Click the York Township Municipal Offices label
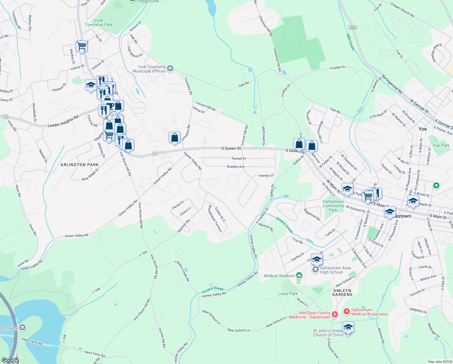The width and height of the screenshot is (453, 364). [x=150, y=69]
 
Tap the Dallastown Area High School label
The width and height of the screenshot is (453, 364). [x=335, y=270]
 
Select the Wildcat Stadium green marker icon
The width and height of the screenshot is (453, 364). [x=299, y=275]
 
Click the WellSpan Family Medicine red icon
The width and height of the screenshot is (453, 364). [x=335, y=314]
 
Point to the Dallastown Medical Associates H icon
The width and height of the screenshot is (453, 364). [x=346, y=312]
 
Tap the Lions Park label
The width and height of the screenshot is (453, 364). [x=288, y=294]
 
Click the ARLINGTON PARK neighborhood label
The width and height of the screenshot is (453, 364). [x=80, y=165]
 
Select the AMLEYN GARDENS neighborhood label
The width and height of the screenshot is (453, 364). [x=342, y=292]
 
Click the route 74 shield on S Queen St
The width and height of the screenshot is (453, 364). [x=154, y=154]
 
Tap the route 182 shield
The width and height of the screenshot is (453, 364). [x=5, y=116]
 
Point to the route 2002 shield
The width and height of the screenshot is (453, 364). [x=352, y=28]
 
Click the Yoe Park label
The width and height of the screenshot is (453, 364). [x=441, y=145]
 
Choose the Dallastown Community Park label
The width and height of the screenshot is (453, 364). [x=333, y=206]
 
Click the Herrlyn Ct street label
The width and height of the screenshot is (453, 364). [x=266, y=176]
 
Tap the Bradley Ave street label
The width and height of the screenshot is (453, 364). [x=236, y=167]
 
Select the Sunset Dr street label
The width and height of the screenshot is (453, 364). [x=239, y=158]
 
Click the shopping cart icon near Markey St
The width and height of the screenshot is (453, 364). [x=81, y=46]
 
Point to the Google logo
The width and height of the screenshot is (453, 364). [x=10, y=360]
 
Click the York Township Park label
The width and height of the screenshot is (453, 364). [x=99, y=22]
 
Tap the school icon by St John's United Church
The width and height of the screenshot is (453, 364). [x=348, y=327]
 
